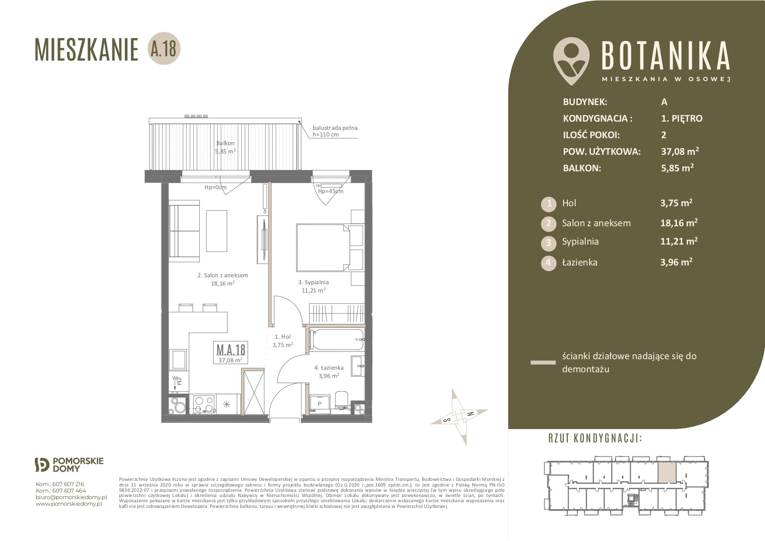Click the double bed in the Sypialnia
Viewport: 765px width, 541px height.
pyautogui.click(x=323, y=247)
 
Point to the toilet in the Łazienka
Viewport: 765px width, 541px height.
pyautogui.click(x=342, y=401)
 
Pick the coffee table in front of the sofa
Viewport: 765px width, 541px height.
pyautogui.click(x=217, y=231)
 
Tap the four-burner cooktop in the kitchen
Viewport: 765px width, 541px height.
pyautogui.click(x=204, y=404)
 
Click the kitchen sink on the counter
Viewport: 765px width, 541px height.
pyautogui.click(x=179, y=359)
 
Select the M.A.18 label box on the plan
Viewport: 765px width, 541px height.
pyautogui.click(x=231, y=352)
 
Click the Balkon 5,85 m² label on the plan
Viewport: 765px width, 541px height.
pyautogui.click(x=225, y=147)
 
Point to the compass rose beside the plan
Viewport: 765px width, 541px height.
pyautogui.click(x=459, y=417)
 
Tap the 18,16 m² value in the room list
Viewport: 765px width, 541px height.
pyautogui.click(x=679, y=223)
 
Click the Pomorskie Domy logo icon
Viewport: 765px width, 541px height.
pyautogui.click(x=42, y=465)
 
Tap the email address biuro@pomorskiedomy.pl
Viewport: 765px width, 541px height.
pyautogui.click(x=71, y=497)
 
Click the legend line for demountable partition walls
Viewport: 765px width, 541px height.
pyautogui.click(x=543, y=362)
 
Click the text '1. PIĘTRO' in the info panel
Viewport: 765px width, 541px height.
pyautogui.click(x=682, y=119)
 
